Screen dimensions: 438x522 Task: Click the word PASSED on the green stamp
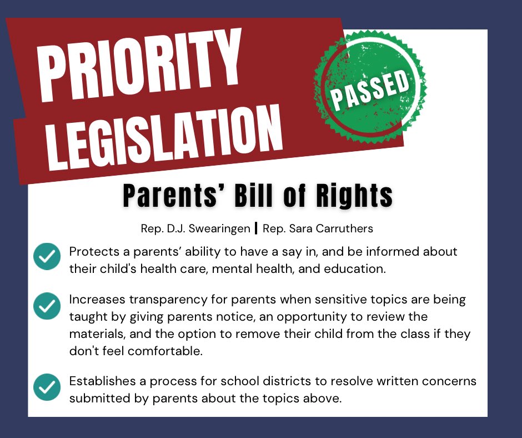tap(369, 89)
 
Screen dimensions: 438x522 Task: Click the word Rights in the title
tap(352, 195)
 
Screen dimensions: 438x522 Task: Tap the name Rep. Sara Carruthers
tap(318, 228)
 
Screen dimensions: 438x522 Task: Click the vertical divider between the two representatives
tap(256, 228)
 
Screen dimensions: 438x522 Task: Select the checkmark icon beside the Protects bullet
tap(47, 257)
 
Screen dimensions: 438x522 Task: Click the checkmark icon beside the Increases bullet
tap(47, 305)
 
